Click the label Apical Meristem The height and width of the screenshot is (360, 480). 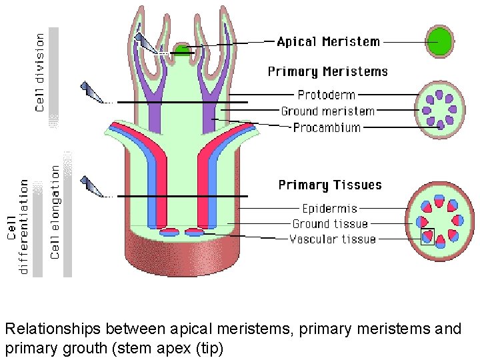[328, 42]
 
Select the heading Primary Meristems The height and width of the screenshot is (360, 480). [327, 71]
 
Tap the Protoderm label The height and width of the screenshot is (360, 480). [327, 95]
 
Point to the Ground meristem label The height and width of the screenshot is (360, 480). [327, 111]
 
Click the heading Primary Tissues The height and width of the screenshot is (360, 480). [330, 185]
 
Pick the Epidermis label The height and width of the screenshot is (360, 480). [329, 209]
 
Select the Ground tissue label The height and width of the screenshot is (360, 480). [330, 224]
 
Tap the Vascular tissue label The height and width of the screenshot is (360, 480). [333, 239]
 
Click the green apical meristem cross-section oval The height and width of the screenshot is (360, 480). [439, 41]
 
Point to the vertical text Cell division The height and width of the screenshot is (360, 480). [40, 72]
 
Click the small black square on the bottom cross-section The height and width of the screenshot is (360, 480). [427, 237]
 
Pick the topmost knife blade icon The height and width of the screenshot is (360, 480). [144, 42]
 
